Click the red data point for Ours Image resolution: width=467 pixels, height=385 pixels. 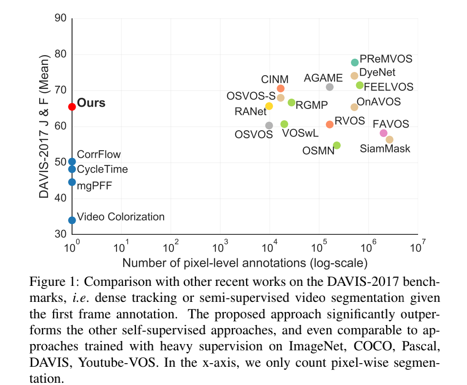click(x=72, y=107)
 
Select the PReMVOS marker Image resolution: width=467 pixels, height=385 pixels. click(x=354, y=62)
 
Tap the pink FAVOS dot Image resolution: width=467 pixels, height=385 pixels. click(x=383, y=133)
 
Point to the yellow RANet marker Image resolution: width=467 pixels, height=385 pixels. click(x=269, y=106)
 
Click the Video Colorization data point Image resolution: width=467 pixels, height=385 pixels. click(x=72, y=220)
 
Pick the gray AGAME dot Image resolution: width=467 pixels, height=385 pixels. click(x=330, y=87)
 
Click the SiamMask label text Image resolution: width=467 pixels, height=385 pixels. click(x=385, y=148)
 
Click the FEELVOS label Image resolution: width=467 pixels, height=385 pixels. click(x=389, y=87)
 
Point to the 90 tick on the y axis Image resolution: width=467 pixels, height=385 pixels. click(x=60, y=19)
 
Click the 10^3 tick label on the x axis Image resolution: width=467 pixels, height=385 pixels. click(x=221, y=246)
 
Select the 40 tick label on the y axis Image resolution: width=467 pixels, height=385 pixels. click(x=60, y=198)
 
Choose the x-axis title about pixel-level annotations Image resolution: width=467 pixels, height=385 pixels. click(x=245, y=263)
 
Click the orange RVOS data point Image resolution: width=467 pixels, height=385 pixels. click(x=330, y=124)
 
